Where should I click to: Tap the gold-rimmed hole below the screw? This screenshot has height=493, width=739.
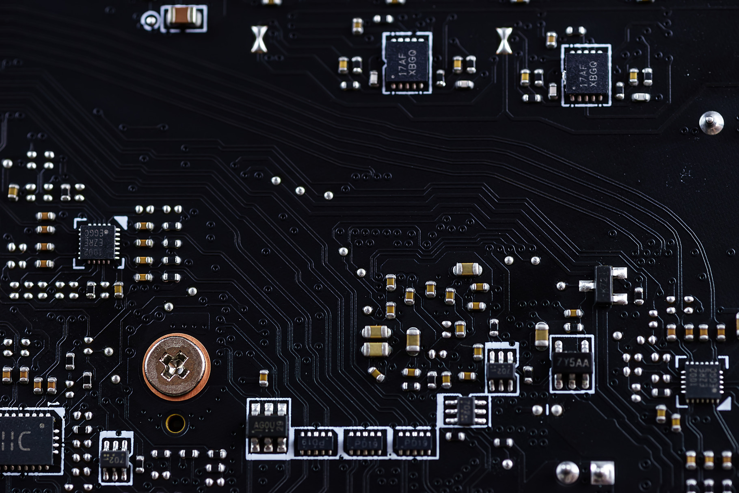pos(175,424)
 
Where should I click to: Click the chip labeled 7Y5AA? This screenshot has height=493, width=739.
pos(572,363)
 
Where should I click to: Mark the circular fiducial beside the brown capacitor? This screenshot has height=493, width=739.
pos(150,20)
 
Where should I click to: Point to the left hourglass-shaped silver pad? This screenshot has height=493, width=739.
pos(259,39)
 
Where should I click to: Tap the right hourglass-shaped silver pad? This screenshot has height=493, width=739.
pos(504,41)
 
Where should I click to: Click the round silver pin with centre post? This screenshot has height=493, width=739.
pos(711,122)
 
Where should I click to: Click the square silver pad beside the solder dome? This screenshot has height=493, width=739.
pos(602,473)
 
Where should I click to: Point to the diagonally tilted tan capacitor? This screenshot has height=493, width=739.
pos(376,374)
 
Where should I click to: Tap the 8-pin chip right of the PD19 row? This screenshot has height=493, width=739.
pos(465,410)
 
